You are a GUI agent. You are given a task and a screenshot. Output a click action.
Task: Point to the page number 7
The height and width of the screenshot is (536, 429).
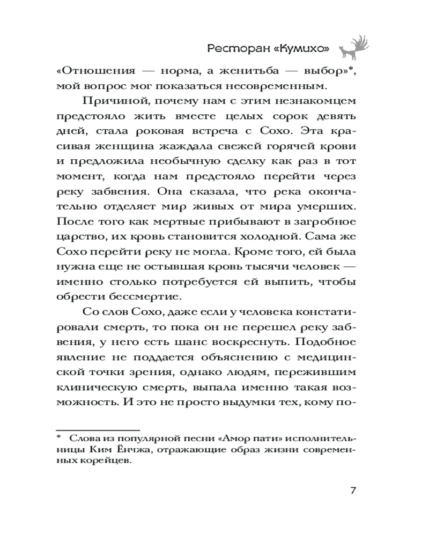pyautogui.click(x=353, y=490)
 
